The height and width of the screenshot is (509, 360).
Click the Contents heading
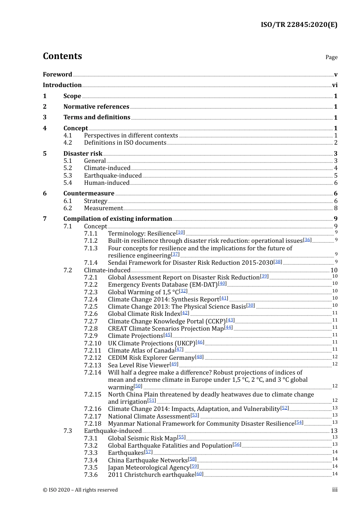[x=62, y=56]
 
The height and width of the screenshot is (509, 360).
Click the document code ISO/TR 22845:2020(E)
[x=299, y=25]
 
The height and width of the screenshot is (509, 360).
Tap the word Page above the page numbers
[x=331, y=57]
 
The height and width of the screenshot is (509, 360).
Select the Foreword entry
[x=57, y=74]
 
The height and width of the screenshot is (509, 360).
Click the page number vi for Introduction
[x=335, y=85]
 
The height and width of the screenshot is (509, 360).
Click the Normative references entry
[x=96, y=107]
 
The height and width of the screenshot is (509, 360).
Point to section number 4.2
[x=68, y=143]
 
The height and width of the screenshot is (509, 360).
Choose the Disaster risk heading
[x=83, y=153]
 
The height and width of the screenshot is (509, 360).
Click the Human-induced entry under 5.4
[x=106, y=183]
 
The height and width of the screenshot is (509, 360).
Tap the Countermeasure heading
[x=89, y=194]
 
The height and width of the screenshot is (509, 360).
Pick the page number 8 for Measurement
[x=336, y=208]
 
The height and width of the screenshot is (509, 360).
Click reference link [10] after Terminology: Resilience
[x=181, y=232]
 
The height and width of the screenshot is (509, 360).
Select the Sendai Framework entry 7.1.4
[x=191, y=263]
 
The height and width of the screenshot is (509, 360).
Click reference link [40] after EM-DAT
[x=222, y=283]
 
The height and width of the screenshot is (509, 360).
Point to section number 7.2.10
[x=93, y=343]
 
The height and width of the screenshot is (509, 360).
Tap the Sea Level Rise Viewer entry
[x=139, y=365]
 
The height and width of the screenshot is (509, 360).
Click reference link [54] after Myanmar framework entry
[x=299, y=422]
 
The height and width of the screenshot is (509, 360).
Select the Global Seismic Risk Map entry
[x=142, y=439]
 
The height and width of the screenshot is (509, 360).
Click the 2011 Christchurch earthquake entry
[x=151, y=475]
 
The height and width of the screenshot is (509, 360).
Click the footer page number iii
[x=335, y=490]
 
